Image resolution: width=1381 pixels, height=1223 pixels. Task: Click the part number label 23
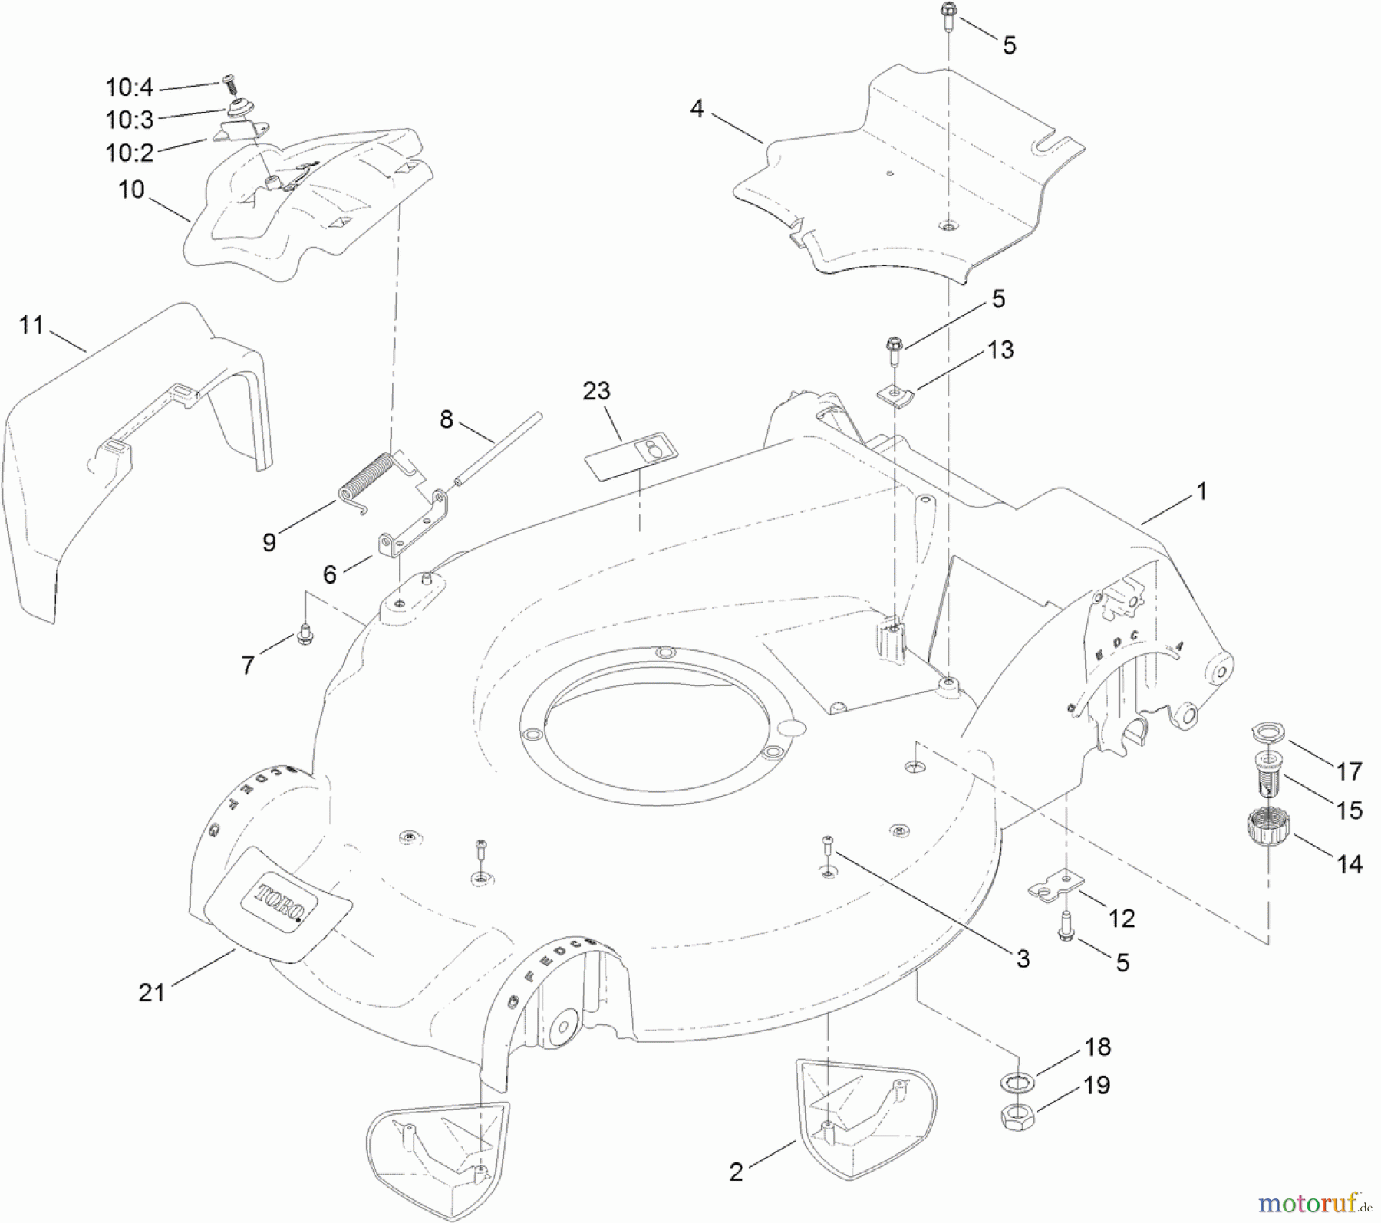click(596, 391)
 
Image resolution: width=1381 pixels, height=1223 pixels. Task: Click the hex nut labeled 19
click(1017, 1115)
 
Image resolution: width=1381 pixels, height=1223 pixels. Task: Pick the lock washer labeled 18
click(1018, 1083)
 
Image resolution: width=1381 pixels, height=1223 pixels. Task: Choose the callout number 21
click(151, 992)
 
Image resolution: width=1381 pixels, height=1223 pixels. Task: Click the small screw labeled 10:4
click(229, 80)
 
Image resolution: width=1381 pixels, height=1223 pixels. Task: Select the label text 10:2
click(130, 153)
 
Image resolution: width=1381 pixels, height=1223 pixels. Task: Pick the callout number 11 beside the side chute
click(31, 325)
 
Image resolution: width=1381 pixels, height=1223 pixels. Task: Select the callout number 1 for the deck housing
click(1201, 491)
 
